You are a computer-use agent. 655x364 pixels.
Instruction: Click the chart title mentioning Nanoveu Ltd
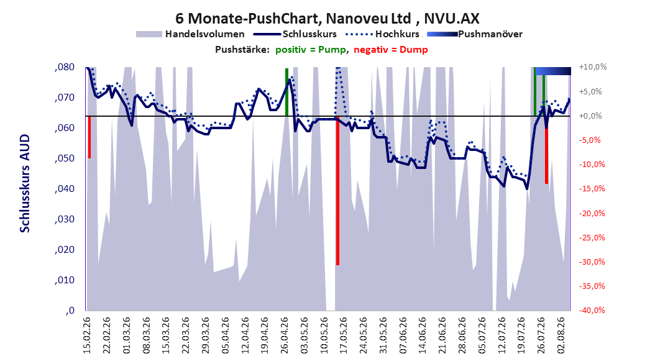327,19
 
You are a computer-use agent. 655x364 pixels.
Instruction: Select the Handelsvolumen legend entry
190,34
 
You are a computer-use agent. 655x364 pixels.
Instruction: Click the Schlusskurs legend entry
295,34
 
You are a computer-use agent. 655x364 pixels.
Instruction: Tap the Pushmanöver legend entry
475,34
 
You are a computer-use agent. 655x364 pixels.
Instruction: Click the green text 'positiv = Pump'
311,50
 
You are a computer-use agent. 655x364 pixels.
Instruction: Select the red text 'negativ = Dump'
391,50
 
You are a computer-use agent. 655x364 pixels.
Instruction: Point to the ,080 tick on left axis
65,67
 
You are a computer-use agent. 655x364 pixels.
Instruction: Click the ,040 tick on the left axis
65,189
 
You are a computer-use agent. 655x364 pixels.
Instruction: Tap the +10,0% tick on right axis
593,67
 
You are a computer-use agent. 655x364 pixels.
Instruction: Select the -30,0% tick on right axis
592,262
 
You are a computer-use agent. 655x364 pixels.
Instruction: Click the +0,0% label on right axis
590,116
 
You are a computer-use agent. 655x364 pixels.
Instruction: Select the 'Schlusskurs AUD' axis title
25,183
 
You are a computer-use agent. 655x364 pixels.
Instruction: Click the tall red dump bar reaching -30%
337,190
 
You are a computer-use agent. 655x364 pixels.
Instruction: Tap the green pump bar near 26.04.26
286,93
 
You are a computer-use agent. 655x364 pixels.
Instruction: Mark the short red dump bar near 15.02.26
89,137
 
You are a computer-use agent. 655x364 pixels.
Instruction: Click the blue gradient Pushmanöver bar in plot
553,71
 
